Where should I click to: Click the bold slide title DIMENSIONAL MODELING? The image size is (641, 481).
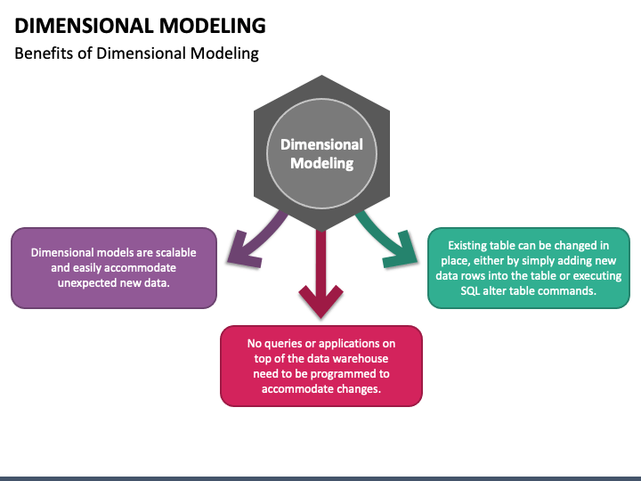(141, 26)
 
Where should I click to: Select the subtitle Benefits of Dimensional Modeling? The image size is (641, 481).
(136, 53)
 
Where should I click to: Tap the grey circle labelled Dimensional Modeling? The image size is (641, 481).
(321, 154)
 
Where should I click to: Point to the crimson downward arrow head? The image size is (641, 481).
(320, 302)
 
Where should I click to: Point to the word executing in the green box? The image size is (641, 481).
(597, 275)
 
